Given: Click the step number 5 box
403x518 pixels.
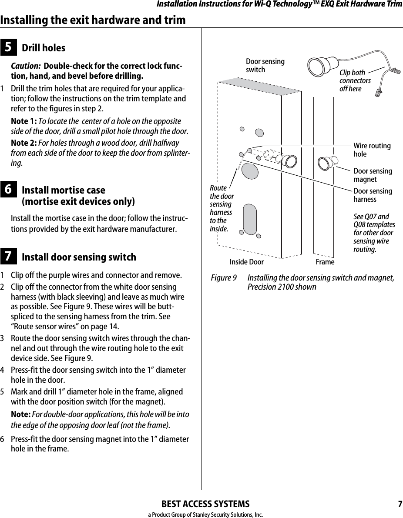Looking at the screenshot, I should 9,48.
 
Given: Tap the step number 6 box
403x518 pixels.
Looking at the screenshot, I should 9,190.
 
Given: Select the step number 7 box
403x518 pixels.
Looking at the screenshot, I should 9,257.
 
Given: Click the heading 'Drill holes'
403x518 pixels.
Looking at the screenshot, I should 44,48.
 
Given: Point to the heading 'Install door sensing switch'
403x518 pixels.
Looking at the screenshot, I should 79,257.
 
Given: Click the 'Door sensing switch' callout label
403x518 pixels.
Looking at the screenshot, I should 265,66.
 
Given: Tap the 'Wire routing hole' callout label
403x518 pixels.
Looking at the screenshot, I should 372,150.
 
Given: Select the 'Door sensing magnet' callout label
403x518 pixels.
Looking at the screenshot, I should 372,175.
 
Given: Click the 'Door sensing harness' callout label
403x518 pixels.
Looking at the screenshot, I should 372,195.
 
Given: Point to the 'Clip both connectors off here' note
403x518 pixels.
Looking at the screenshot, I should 355,81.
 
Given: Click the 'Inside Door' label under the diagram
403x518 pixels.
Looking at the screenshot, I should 246,262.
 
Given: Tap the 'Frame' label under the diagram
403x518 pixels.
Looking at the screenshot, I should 325,262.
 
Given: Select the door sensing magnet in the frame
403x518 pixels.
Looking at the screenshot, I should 326,163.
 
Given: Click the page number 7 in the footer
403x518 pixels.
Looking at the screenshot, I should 400,504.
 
